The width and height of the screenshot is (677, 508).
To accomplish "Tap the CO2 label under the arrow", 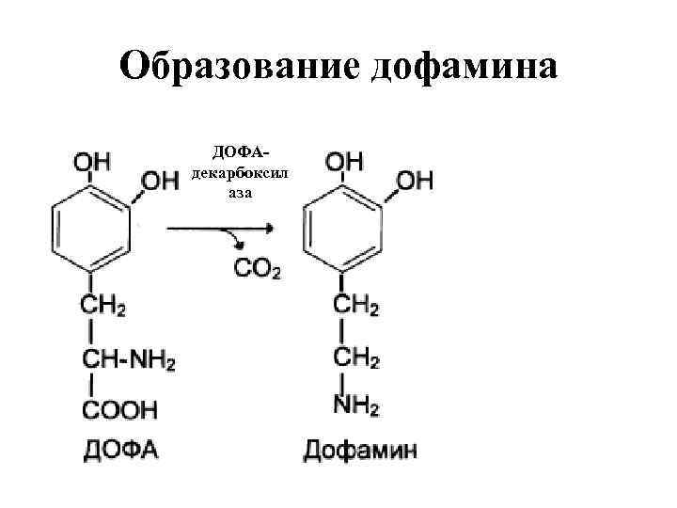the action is coord(257,270).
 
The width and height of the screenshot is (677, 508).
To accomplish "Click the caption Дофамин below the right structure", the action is coord(360,449).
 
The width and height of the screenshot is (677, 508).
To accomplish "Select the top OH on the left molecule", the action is coord(91,161).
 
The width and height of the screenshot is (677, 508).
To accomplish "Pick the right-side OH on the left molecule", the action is coord(160,180).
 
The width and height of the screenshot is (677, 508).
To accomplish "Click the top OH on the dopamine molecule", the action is coord(343,161).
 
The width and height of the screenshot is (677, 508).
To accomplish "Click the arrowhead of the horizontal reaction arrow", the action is coord(269,227).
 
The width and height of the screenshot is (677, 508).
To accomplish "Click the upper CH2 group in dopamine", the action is coord(356,307).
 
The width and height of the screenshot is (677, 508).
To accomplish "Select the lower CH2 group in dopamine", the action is coord(356,358).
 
